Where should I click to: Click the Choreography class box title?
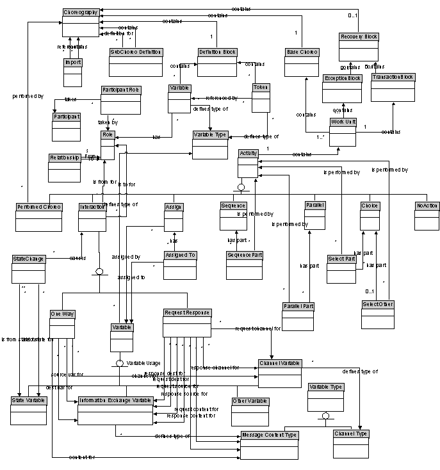pos(81,12)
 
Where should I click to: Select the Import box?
pos(73,70)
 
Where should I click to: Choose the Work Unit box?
pos(343,131)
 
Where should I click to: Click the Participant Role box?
pos(120,99)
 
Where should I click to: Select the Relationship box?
pos(65,166)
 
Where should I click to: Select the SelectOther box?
pos(378,313)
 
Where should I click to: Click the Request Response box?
pos(186,322)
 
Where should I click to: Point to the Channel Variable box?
pos(280,372)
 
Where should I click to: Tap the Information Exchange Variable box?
pos(115,410)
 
